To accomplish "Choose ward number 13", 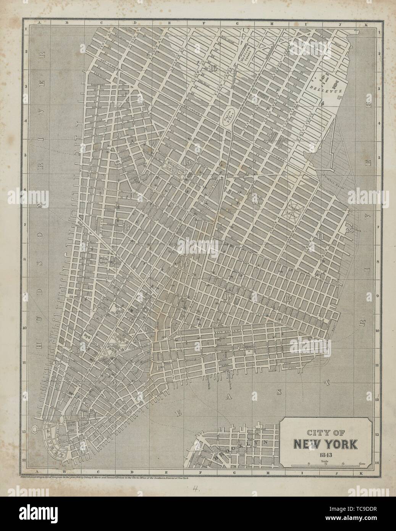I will (287, 298).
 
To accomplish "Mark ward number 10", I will (228, 296).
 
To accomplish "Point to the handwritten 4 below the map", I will (195, 488).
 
